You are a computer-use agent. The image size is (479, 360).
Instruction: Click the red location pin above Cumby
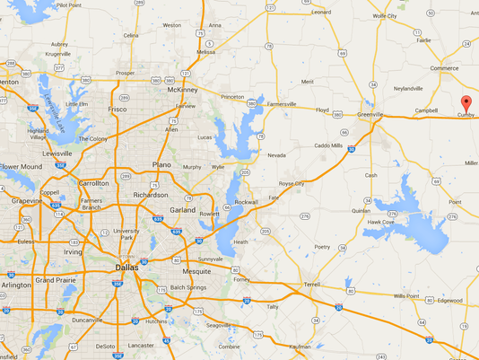coord(465,101)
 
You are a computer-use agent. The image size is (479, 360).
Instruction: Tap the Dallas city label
coord(126,268)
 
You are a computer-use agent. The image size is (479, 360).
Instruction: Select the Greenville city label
coord(370,115)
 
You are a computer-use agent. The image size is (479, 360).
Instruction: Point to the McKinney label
coord(182,90)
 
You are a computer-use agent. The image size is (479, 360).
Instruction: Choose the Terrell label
coord(312,284)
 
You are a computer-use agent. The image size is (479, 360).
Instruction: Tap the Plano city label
coord(162,165)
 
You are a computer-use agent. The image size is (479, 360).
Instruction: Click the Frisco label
coord(118,109)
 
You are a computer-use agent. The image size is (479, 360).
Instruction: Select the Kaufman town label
coord(300,346)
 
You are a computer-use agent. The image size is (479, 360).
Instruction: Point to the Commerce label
coord(444,68)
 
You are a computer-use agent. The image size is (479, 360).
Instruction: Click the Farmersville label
coord(287,104)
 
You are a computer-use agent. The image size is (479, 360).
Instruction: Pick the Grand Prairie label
coord(56,281)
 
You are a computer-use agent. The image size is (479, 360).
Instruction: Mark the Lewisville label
coord(57,154)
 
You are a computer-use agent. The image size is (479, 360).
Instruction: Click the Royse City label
coord(292,184)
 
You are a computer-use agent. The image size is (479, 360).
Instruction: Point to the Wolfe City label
coord(385,15)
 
